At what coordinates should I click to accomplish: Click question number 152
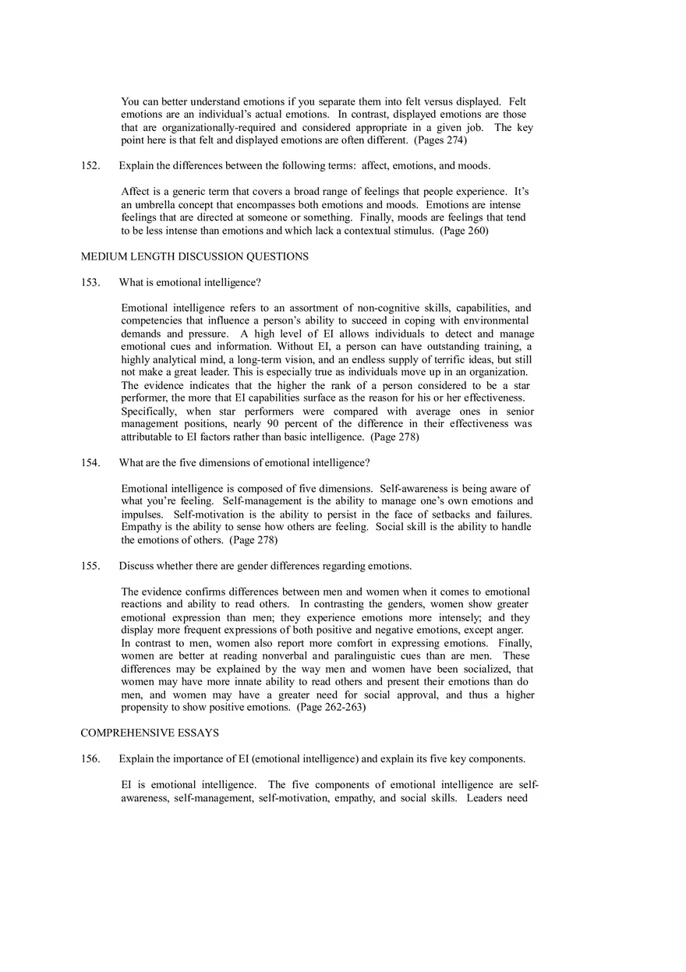tap(90, 166)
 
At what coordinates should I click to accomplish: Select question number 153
tap(90, 282)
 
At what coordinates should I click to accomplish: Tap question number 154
tap(90, 463)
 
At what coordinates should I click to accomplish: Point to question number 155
tap(90, 566)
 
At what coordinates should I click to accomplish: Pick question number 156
tap(90, 759)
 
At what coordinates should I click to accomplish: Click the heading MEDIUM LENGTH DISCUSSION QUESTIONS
tap(194, 256)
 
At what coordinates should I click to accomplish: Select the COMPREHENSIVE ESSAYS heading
tap(150, 733)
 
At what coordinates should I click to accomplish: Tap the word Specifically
tap(150, 412)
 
